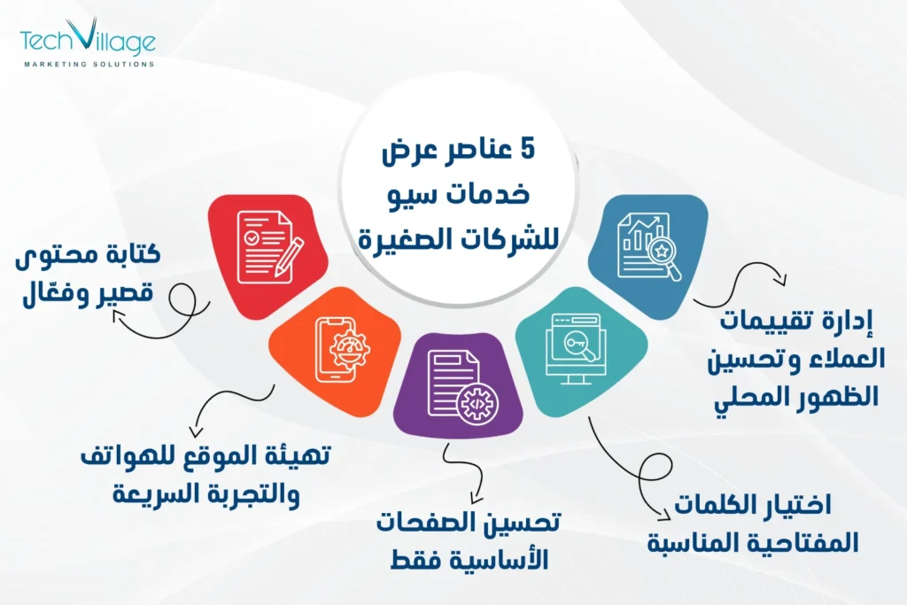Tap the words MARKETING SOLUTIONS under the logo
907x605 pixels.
coord(88,65)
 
